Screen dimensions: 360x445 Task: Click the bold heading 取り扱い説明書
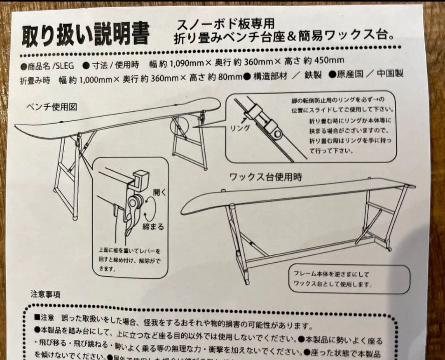point(86,34)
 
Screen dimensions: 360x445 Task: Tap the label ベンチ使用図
point(52,108)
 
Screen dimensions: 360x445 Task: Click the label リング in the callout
point(240,128)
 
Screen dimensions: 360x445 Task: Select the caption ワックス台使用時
point(265,177)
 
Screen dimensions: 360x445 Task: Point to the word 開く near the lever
point(159,192)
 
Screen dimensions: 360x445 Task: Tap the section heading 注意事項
point(45,294)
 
